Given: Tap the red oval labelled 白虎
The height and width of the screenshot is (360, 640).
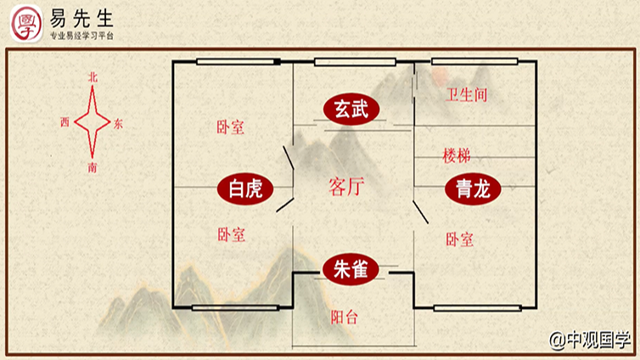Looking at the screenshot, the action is (x=246, y=188).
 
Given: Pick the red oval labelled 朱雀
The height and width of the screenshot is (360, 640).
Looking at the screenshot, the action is (x=350, y=270).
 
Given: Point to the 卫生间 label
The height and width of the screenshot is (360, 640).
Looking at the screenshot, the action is (x=467, y=95).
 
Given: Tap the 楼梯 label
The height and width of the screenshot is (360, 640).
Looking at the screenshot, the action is (x=457, y=156).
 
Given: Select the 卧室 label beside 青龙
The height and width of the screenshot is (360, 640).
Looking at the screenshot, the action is (x=459, y=240).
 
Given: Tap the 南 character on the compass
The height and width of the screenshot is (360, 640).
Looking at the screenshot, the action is (x=93, y=167).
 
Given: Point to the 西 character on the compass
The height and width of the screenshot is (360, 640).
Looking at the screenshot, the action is (x=65, y=122).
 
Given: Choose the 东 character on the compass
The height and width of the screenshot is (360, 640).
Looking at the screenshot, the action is (x=118, y=124).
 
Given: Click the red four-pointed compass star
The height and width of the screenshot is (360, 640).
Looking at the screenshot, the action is (x=92, y=122).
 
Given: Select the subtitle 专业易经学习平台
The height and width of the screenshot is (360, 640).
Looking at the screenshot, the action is (x=82, y=37).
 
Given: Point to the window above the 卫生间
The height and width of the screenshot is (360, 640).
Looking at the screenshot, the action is (x=474, y=61).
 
